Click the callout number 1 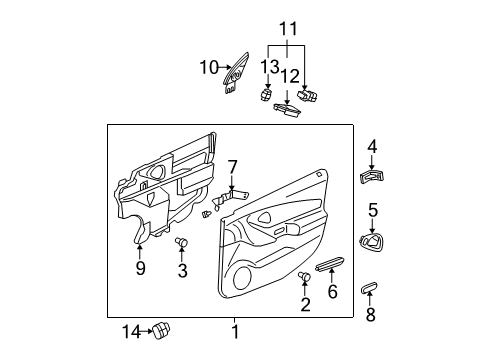coord(235,331)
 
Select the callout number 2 coord(305,307)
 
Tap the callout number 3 coord(182,271)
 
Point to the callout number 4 coord(372,148)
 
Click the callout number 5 coord(373,209)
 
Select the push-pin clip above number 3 coord(182,243)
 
